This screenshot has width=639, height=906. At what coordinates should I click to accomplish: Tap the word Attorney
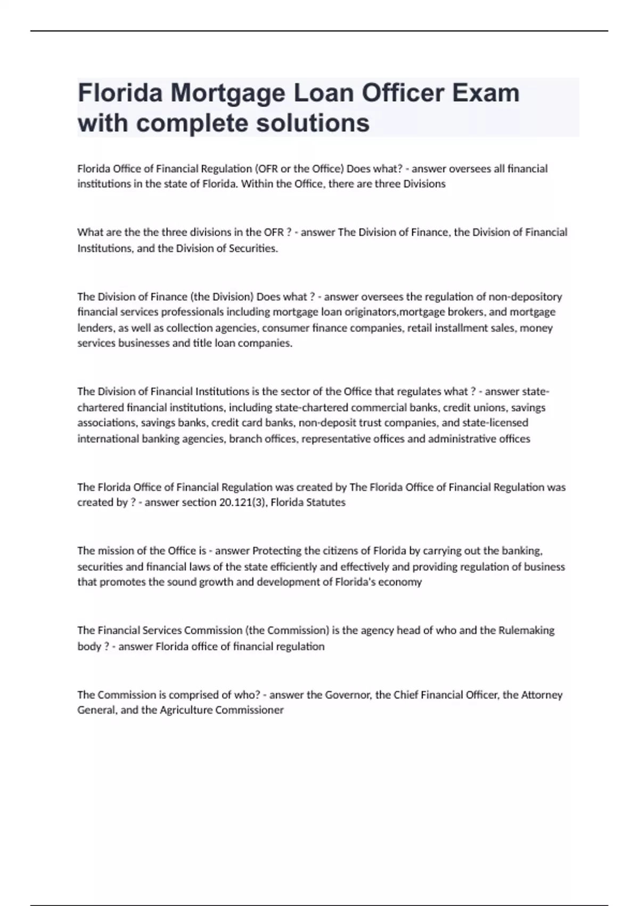pos(542,695)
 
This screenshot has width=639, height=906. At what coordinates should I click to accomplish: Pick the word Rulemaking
pos(526,630)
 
